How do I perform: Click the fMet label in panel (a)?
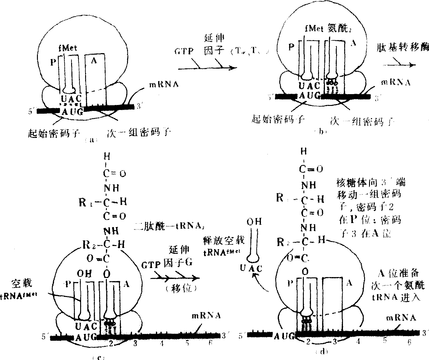(68, 48)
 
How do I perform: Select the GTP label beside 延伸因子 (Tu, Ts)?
(184, 51)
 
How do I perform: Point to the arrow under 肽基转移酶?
(399, 65)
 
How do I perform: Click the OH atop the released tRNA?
(254, 221)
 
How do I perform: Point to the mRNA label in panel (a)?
(164, 84)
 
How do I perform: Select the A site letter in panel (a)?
(94, 61)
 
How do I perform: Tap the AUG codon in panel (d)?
(284, 335)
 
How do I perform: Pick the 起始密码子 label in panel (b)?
(277, 120)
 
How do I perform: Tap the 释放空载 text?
(224, 240)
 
